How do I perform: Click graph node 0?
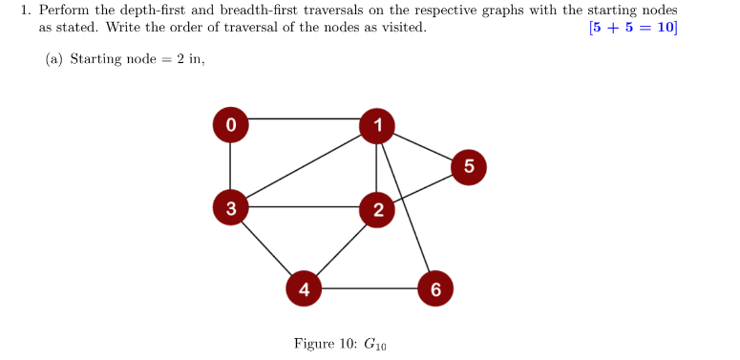230,123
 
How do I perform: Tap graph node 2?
377,209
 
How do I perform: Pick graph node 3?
230,206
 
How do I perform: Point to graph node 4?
304,287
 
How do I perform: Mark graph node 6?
434,287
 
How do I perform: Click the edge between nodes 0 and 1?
304,119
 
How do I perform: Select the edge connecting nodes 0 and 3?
230,164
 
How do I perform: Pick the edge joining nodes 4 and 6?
369,287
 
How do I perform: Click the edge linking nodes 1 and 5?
422,144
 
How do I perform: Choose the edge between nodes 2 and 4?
341,248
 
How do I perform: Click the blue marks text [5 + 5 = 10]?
634,27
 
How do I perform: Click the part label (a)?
54,59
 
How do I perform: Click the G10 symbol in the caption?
374,344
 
